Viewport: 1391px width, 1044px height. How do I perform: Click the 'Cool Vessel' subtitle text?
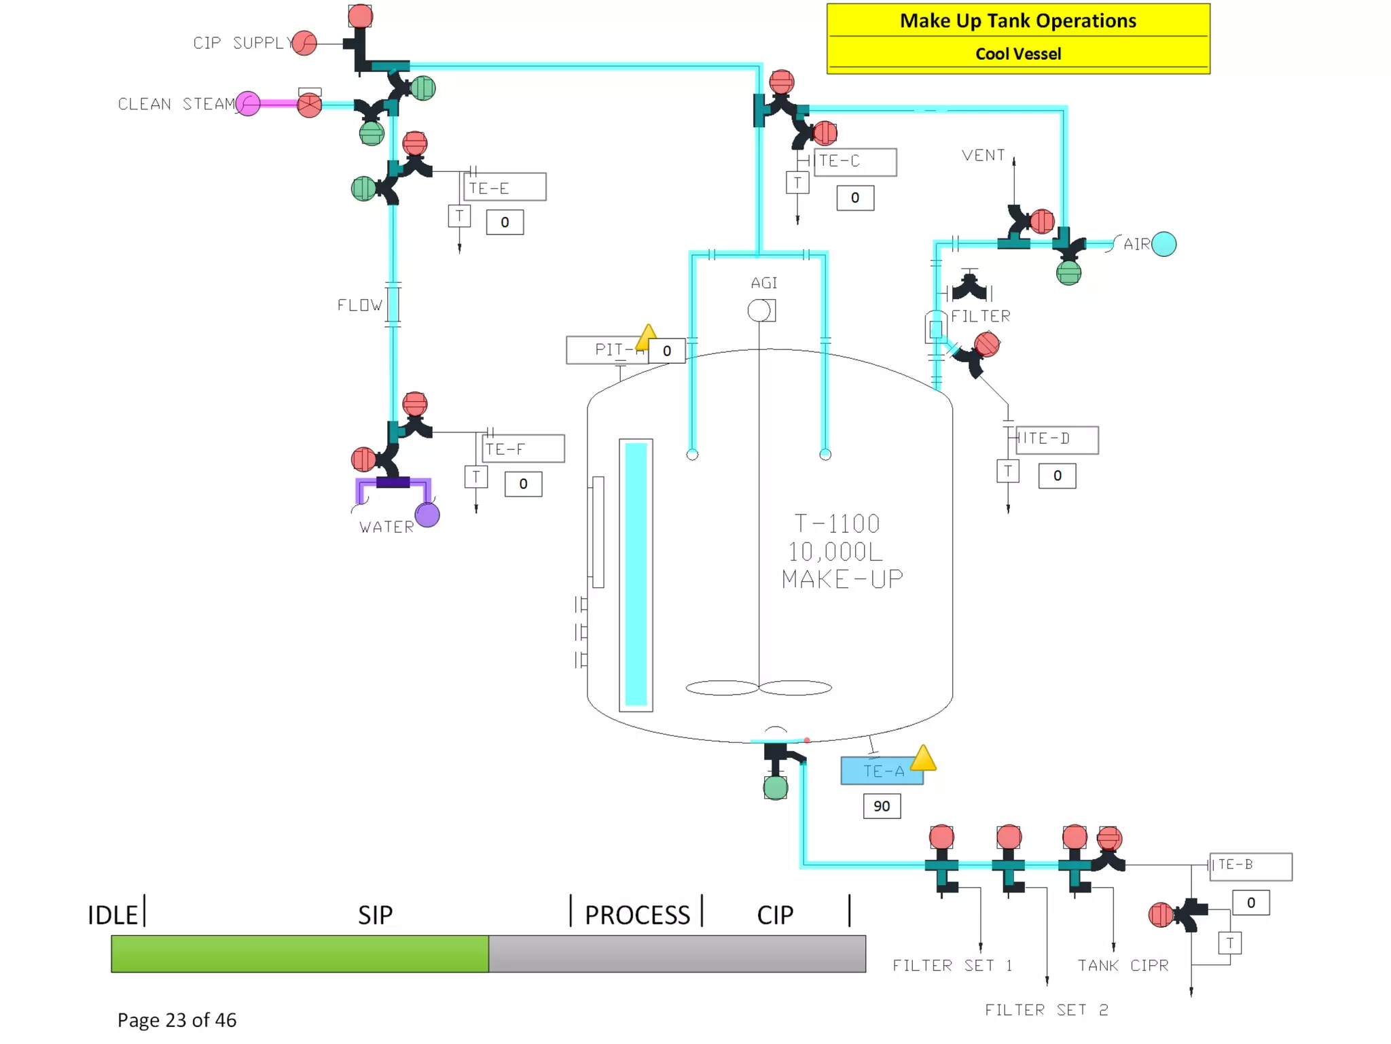pyautogui.click(x=1017, y=54)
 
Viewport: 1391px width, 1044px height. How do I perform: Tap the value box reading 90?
pyautogui.click(x=881, y=806)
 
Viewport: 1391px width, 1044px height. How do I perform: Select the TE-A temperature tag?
pyautogui.click(x=882, y=771)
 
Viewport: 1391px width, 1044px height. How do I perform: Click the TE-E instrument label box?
pyautogui.click(x=505, y=187)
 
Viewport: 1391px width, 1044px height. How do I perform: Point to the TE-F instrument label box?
pyautogui.click(x=523, y=449)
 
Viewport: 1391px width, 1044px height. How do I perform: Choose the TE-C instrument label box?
pyautogui.click(x=854, y=162)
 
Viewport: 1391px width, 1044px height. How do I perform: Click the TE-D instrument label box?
pyautogui.click(x=1056, y=439)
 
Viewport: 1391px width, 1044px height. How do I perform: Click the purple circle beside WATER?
pyautogui.click(x=427, y=515)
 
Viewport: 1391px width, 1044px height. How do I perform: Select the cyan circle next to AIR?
pyautogui.click(x=1164, y=244)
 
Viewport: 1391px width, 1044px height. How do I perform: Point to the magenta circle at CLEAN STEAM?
pyautogui.click(x=248, y=104)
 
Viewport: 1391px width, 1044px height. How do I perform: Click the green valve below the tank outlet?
pyautogui.click(x=775, y=788)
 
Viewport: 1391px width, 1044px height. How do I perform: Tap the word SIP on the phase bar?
pyautogui.click(x=375, y=915)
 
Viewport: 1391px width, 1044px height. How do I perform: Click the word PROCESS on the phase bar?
pyautogui.click(x=637, y=915)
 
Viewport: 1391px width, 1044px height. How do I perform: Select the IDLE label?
pyautogui.click(x=113, y=915)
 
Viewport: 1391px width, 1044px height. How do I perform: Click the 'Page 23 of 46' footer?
pyautogui.click(x=177, y=1020)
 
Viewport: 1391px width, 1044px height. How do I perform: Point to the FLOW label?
pyautogui.click(x=360, y=305)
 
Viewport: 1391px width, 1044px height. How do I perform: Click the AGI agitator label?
pyautogui.click(x=764, y=283)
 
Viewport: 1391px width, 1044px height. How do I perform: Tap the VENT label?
pyautogui.click(x=983, y=156)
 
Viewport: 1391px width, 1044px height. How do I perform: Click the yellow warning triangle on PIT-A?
pyautogui.click(x=647, y=334)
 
